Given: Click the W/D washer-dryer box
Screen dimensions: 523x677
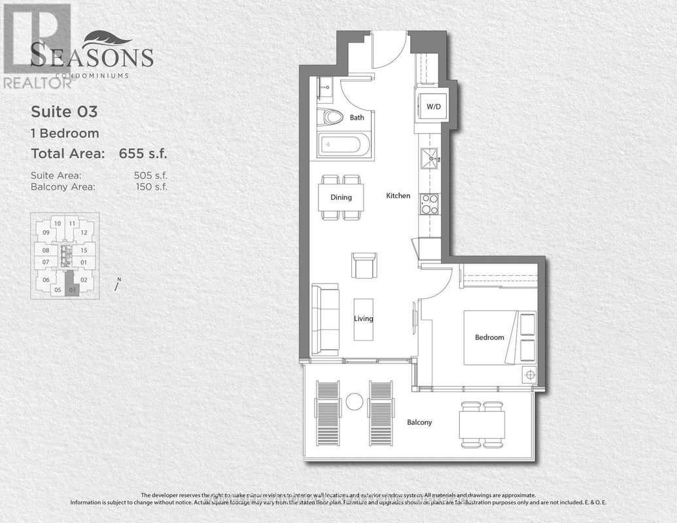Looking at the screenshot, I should (432, 106).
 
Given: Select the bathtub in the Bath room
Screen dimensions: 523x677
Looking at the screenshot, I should (343, 144).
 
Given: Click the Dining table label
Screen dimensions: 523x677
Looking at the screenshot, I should (341, 197).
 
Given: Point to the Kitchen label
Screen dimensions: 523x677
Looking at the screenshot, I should (398, 195).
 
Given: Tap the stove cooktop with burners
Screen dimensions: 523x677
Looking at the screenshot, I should (429, 204).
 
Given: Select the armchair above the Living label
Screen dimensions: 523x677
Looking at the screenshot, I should (363, 265).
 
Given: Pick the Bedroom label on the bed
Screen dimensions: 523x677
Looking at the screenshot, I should (489, 337).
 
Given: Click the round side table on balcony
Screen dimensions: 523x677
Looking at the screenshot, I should (355, 401).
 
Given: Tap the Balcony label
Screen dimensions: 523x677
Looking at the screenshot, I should (419, 422).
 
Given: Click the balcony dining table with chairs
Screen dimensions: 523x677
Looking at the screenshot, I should (482, 424).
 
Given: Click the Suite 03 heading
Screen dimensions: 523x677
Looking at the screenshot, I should (64, 112).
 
